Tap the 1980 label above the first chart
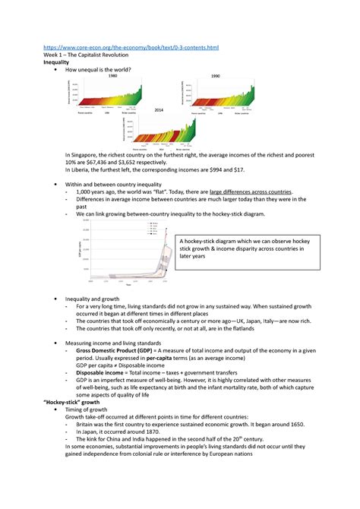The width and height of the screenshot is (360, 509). tap(112, 77)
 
